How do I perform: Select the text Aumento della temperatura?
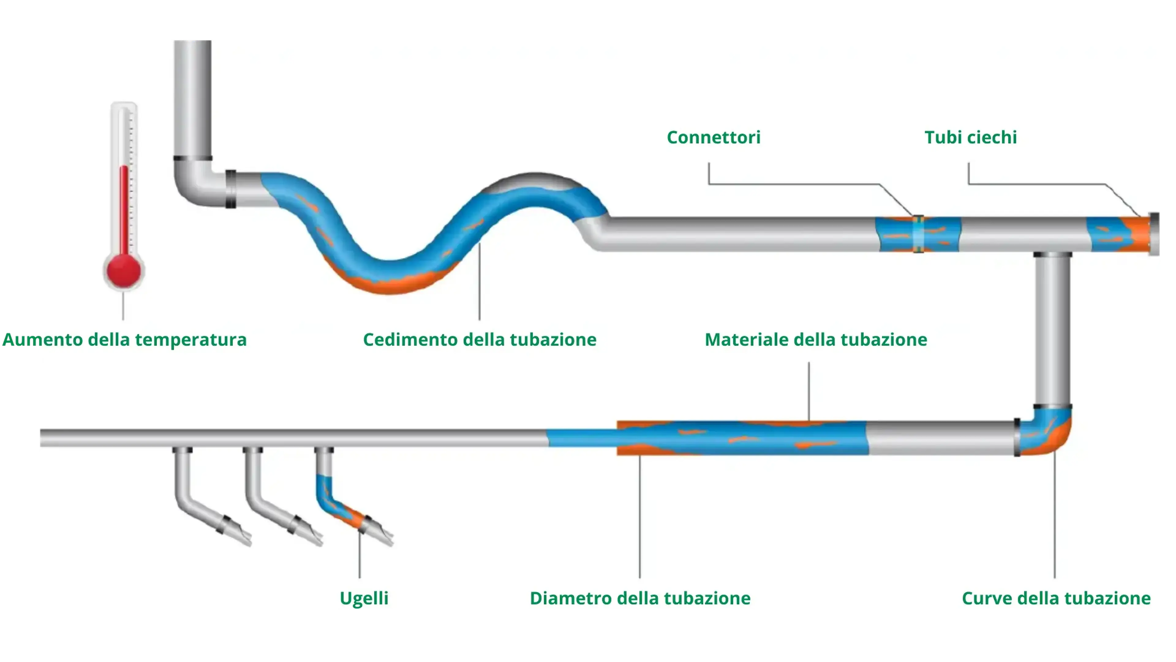point(124,340)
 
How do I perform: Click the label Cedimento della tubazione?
point(479,340)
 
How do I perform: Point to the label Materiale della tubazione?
point(816,340)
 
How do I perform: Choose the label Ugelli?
point(364,598)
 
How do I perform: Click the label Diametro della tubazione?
point(640,598)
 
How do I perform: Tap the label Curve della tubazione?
point(1056,598)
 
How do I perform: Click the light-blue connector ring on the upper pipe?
point(918,234)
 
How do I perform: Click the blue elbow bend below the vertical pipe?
point(1046,432)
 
